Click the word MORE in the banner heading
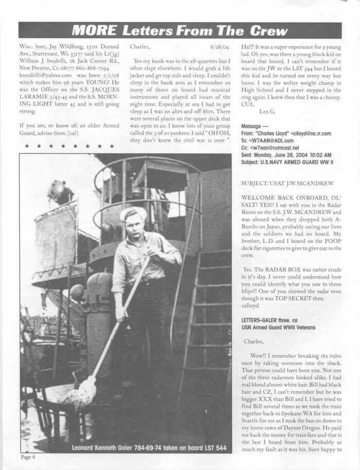point(95,30)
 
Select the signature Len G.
point(267,111)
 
